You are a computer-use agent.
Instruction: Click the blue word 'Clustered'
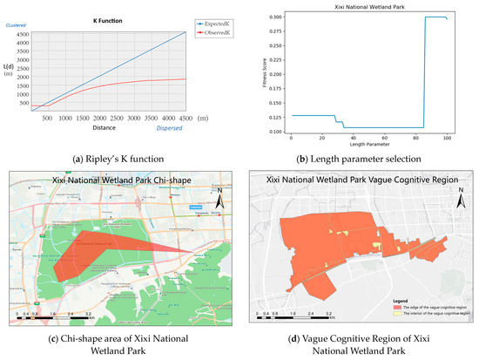click(x=17, y=25)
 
